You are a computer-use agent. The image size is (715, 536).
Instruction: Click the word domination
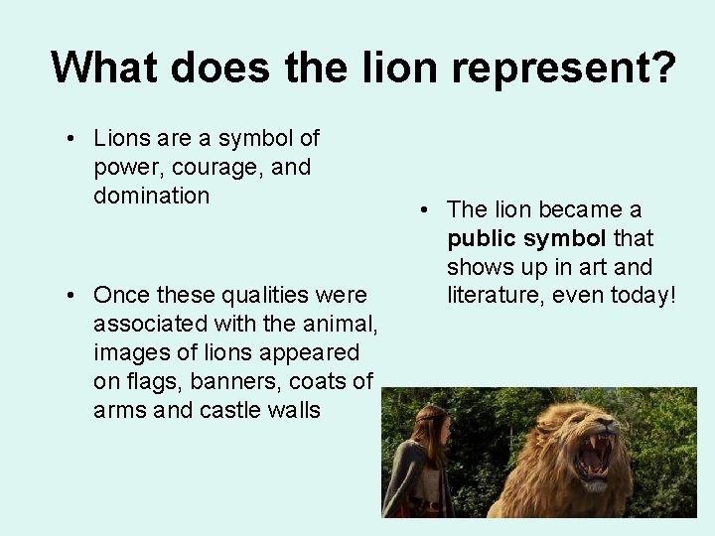pos(151,195)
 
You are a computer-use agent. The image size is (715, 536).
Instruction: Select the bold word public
pos(478,238)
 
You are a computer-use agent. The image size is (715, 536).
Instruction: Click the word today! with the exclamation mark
pos(640,295)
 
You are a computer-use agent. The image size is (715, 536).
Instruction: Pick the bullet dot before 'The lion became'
pos(424,210)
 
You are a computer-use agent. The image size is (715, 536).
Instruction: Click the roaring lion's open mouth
pos(594,456)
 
